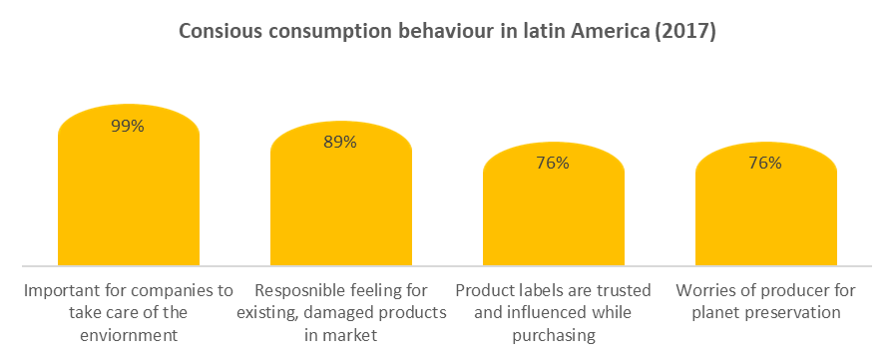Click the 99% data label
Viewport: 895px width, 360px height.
coord(128,126)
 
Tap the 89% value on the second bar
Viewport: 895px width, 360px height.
coord(340,142)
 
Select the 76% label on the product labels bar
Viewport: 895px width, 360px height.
coord(553,163)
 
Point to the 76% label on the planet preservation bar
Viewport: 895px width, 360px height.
coord(764,163)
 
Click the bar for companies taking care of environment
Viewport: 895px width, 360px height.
coord(128,199)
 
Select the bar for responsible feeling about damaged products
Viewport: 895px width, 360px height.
coord(340,209)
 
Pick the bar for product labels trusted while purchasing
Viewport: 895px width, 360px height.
coord(553,219)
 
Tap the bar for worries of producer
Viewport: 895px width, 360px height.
coord(764,219)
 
